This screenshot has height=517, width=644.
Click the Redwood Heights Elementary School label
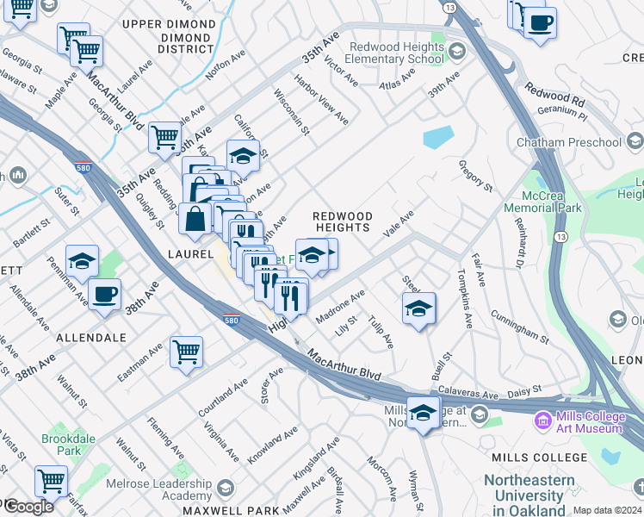tap(396, 53)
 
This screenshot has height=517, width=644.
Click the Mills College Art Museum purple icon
tap(543, 421)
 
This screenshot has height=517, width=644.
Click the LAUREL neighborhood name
tap(191, 254)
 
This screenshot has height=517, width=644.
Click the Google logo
tap(28, 507)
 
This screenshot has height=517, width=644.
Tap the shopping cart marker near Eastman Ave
tap(186, 352)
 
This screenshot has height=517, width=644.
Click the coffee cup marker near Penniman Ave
tap(105, 294)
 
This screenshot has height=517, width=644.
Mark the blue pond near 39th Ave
tap(438, 137)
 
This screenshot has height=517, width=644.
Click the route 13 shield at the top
tap(449, 6)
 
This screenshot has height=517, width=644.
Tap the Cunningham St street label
tap(519, 322)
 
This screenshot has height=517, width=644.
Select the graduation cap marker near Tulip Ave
tap(418, 308)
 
